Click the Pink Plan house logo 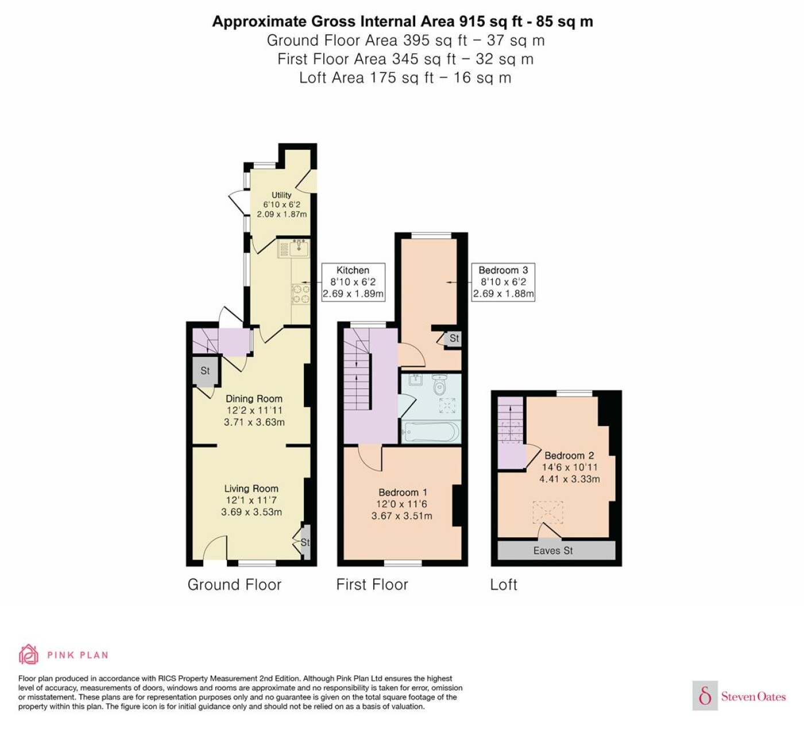point(29,654)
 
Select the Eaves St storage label point(552,550)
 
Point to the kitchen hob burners point(300,294)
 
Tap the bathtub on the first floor point(431,432)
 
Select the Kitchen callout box point(353,282)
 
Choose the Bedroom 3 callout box point(503,282)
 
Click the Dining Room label point(254,399)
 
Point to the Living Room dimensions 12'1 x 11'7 point(252,500)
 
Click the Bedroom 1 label point(403,492)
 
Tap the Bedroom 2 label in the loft point(569,456)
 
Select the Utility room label point(281,195)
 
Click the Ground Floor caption point(234,585)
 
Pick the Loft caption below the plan point(504,585)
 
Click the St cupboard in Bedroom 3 point(453,339)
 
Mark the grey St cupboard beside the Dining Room point(205,371)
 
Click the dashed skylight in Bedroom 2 point(548,512)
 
